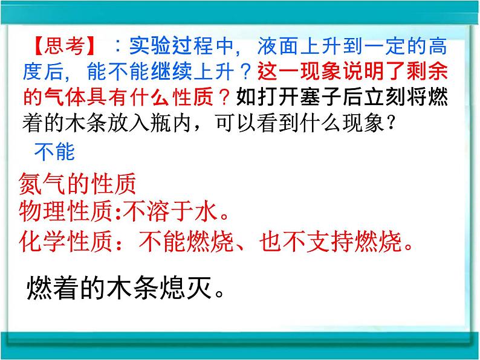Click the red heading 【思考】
pos(61,46)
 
